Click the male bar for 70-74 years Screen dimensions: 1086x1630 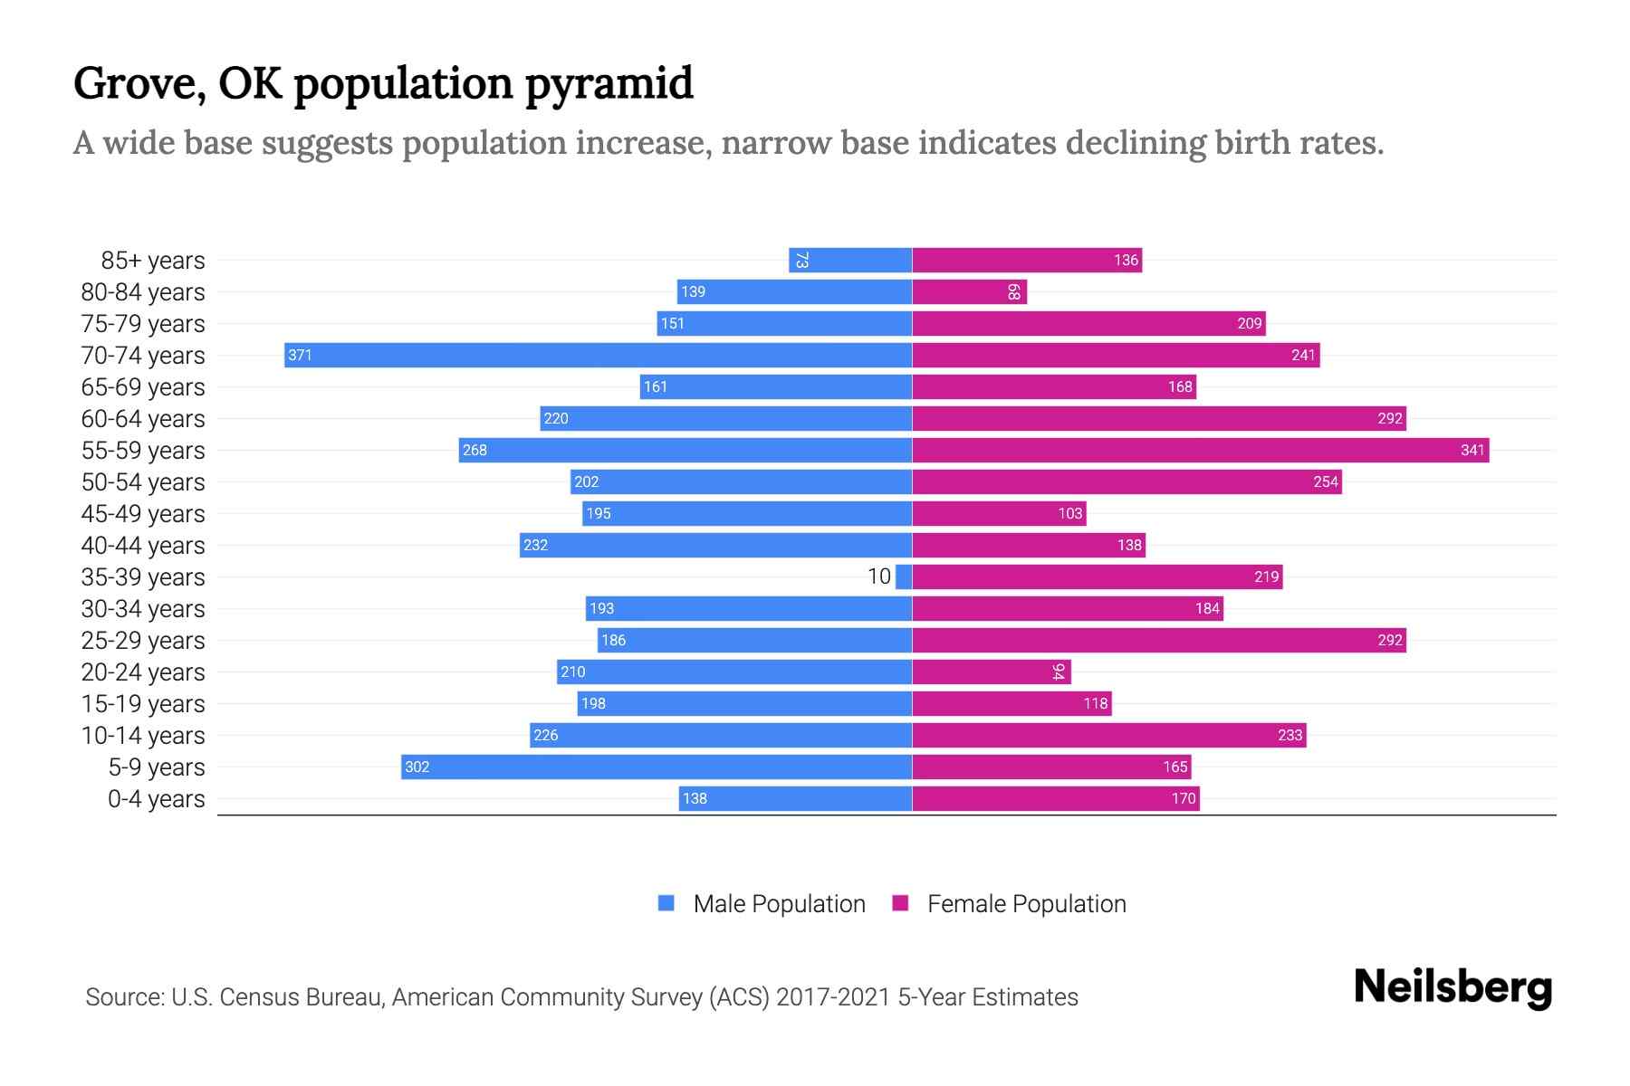[x=598, y=355]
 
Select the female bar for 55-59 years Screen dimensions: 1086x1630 [x=1200, y=450]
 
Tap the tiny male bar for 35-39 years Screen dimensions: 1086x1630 [x=904, y=576]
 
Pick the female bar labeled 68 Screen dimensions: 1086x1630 [x=969, y=291]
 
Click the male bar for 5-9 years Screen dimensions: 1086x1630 [x=657, y=767]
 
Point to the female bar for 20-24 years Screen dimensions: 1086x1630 [x=992, y=672]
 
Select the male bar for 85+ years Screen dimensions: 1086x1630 [x=850, y=260]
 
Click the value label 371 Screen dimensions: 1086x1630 [x=300, y=355]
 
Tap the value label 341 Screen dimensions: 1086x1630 [x=1472, y=450]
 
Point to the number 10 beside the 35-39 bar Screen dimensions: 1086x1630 [x=879, y=576]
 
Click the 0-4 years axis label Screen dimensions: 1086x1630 [x=156, y=799]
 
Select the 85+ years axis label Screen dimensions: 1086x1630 [x=152, y=261]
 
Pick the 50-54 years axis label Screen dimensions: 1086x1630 [x=143, y=482]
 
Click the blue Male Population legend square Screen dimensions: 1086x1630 [x=666, y=903]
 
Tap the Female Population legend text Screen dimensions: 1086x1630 [x=1026, y=903]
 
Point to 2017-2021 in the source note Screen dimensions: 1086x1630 [x=833, y=997]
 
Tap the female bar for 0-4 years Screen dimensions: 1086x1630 [x=1056, y=798]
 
